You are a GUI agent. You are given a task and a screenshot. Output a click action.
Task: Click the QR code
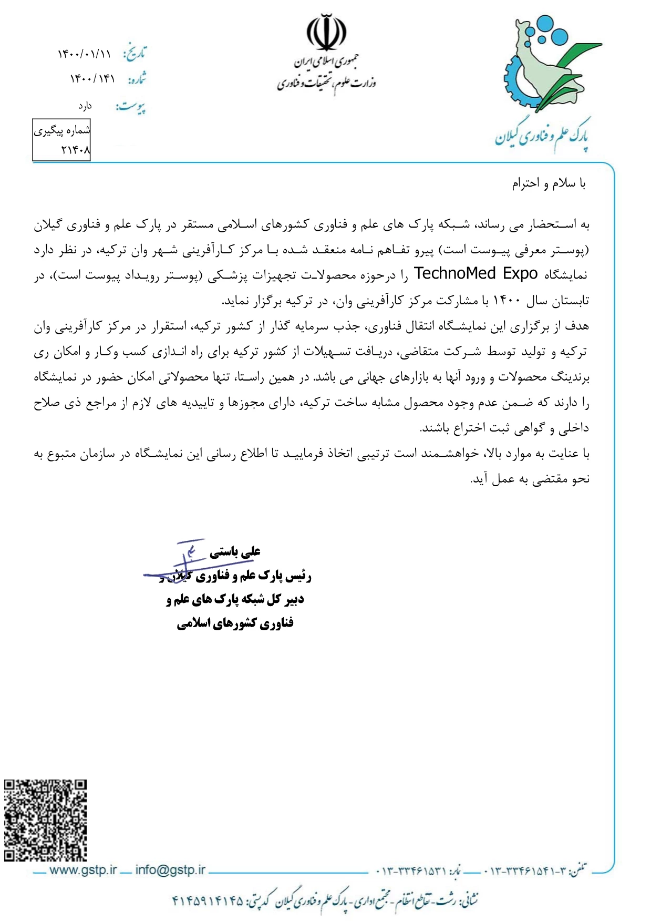46,819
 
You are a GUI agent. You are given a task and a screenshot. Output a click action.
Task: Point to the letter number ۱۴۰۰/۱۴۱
92,79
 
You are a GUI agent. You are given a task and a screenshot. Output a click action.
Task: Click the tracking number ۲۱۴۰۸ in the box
76,150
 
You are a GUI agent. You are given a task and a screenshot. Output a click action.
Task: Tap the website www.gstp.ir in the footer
83,870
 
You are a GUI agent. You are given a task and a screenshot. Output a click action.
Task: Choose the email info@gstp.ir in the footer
170,870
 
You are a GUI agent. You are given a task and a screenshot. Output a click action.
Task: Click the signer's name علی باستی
235,552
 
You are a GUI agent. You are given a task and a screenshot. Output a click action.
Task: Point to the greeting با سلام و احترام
549,183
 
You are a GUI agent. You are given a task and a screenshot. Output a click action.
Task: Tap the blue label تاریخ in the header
135,53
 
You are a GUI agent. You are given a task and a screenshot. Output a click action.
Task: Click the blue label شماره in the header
137,79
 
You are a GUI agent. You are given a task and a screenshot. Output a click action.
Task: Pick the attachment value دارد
85,106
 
